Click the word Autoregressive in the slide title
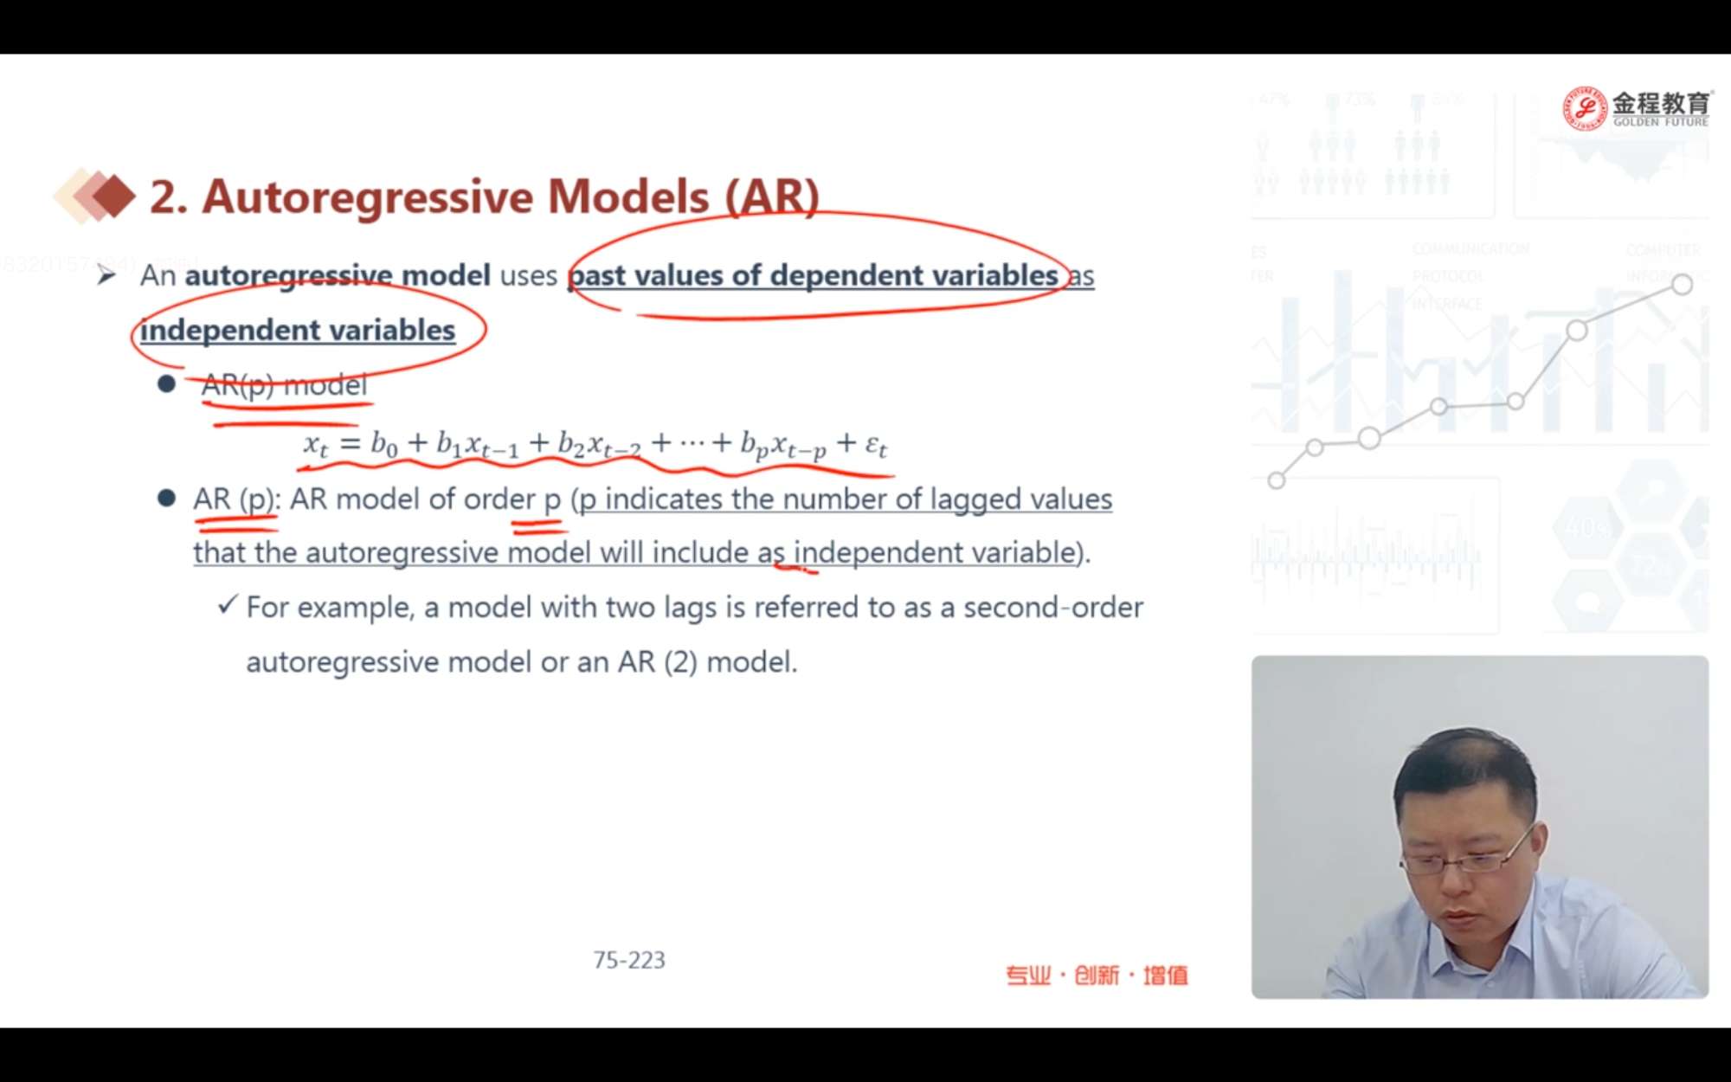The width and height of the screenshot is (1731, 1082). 369,197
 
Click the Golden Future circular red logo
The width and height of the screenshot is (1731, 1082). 1584,108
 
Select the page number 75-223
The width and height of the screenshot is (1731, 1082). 629,960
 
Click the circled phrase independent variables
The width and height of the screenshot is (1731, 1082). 298,330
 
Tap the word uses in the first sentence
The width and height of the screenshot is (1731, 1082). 528,275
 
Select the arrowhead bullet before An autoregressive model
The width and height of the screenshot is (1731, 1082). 106,275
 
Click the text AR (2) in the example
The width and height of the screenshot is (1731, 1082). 658,662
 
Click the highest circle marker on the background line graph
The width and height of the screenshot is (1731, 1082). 1682,284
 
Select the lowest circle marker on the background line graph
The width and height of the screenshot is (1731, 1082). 1276,480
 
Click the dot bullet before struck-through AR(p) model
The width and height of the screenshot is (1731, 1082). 167,383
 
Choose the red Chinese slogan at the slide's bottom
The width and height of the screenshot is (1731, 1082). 1097,976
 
